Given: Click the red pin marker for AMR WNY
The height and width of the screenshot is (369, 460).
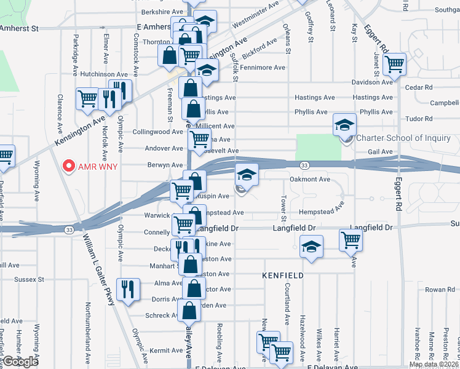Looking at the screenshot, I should pyautogui.click(x=69, y=167).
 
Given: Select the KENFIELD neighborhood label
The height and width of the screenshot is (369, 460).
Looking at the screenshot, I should pyautogui.click(x=284, y=276).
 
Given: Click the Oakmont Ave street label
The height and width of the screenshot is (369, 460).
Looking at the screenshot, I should pyautogui.click(x=310, y=180).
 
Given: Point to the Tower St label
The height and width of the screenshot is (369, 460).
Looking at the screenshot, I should pyautogui.click(x=284, y=209).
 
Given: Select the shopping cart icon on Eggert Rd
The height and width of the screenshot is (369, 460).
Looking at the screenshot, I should pyautogui.click(x=394, y=63).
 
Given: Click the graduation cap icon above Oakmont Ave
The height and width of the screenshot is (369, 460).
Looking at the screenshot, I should pyautogui.click(x=247, y=175).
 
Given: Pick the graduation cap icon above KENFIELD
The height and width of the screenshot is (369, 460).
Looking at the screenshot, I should pyautogui.click(x=311, y=248).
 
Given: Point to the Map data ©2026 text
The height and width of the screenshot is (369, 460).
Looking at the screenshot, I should pyautogui.click(x=434, y=364).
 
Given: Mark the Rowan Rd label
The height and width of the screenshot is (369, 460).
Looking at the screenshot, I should pyautogui.click(x=440, y=290).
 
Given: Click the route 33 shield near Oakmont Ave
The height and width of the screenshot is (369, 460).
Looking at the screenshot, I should pyautogui.click(x=304, y=165).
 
